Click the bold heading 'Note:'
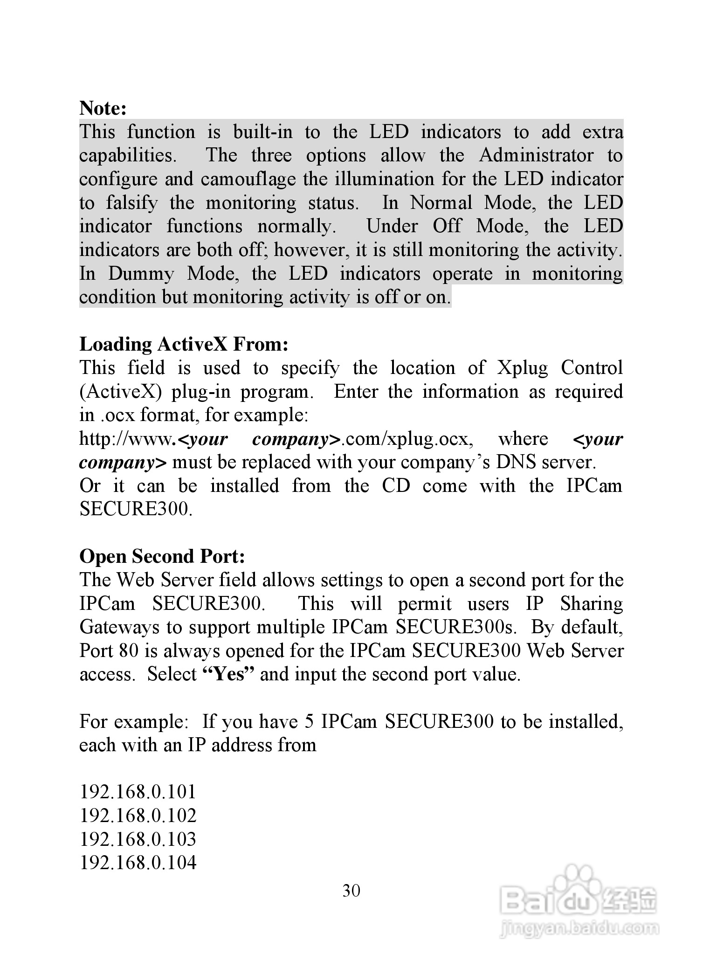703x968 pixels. tap(103, 108)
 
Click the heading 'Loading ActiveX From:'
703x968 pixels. tap(184, 345)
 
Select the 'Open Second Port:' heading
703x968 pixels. tap(162, 556)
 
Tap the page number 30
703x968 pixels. tap(351, 891)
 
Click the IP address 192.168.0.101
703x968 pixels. tap(138, 792)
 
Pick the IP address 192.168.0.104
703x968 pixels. tap(138, 863)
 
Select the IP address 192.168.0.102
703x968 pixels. tap(138, 816)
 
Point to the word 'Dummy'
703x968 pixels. tap(140, 274)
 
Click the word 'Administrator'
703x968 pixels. tap(536, 156)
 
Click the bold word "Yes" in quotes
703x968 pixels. tap(229, 675)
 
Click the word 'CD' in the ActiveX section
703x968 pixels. tap(396, 486)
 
